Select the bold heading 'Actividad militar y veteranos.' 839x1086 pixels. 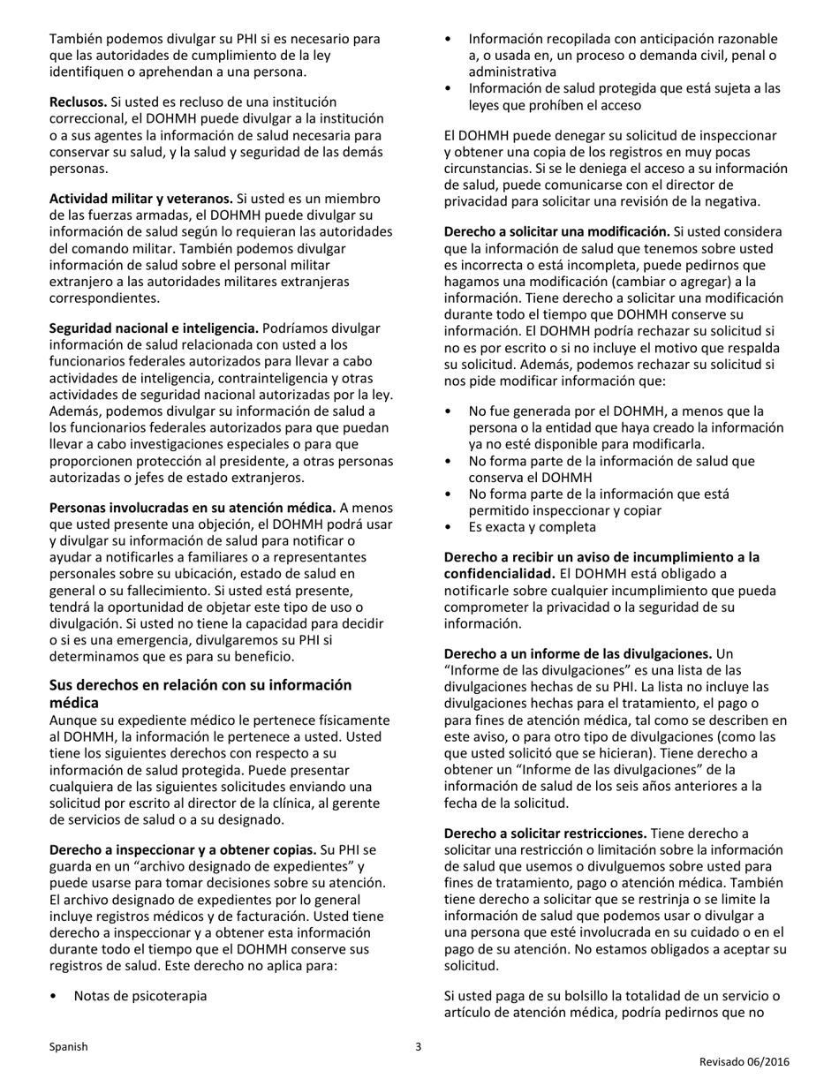tap(140, 199)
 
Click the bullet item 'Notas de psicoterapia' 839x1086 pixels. tap(140, 996)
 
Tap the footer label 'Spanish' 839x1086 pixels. tap(68, 1047)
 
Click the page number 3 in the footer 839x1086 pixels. tap(419, 1047)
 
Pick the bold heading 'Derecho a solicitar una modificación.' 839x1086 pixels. tap(556, 231)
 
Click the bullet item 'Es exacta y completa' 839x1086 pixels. tap(532, 527)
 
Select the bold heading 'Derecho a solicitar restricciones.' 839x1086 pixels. tap(546, 833)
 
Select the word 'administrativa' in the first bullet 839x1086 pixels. tap(512, 72)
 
